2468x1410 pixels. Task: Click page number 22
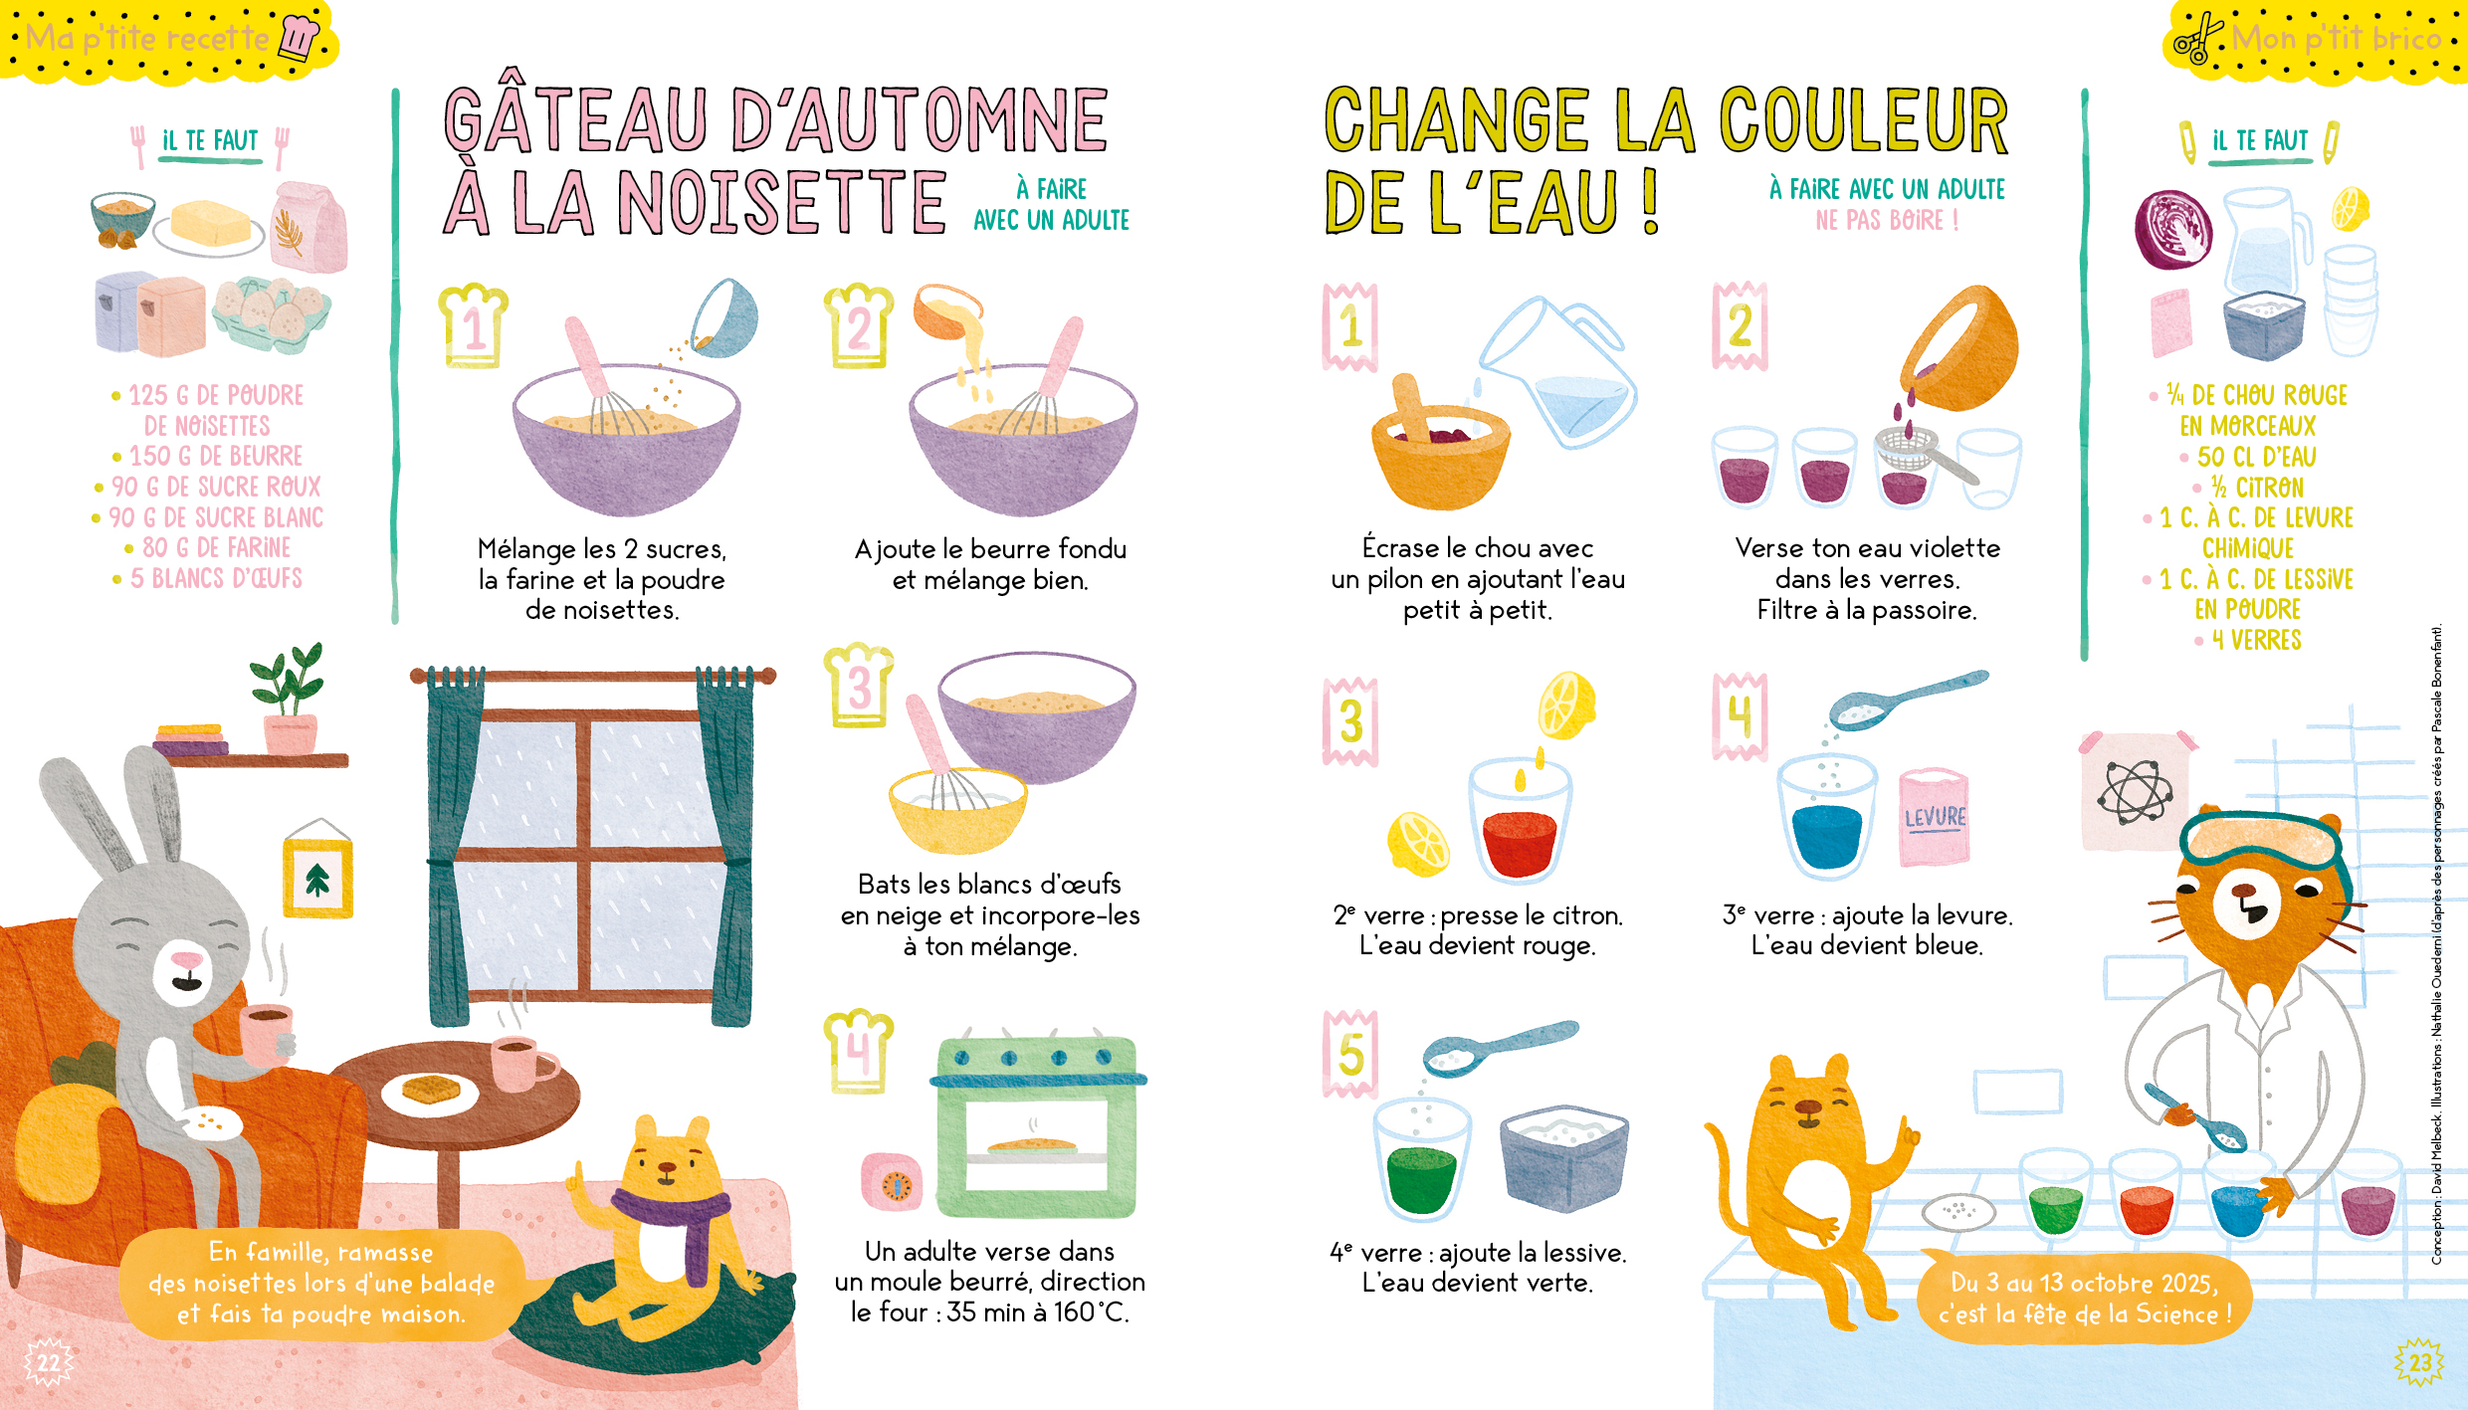click(48, 1362)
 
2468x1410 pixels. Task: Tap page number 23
click(2419, 1362)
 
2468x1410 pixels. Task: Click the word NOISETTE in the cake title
click(781, 203)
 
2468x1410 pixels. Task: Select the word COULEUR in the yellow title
click(1864, 121)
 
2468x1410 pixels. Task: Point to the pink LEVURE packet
click(1934, 816)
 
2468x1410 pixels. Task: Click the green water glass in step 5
click(1421, 1160)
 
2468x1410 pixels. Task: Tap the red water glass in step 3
click(1520, 823)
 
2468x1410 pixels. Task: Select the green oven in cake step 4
click(1038, 1127)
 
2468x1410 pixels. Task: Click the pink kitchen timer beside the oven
click(892, 1182)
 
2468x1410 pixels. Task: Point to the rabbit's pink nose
click(186, 959)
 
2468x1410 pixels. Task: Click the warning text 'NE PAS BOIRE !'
click(1887, 220)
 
